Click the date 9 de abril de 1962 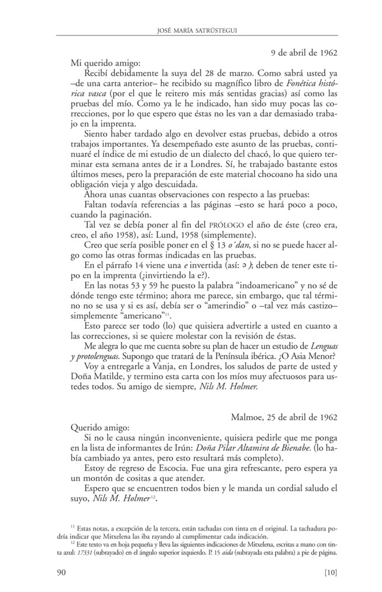tap(300, 52)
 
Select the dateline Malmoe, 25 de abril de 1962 tap(284, 416)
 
